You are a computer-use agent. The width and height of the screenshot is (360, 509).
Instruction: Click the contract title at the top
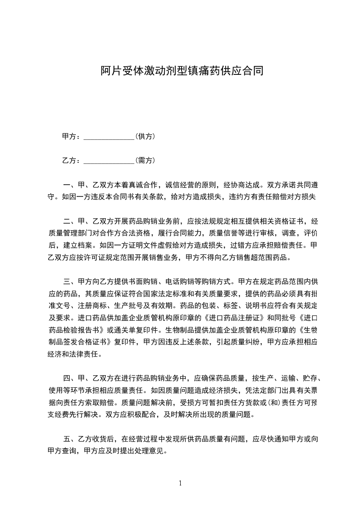[182, 71]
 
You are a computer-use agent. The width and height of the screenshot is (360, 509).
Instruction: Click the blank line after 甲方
[109, 137]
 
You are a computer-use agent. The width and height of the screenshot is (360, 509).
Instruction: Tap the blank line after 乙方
[109, 161]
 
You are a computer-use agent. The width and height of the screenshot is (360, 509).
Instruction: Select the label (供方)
[146, 136]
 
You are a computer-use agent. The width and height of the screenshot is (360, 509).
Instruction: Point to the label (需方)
[146, 160]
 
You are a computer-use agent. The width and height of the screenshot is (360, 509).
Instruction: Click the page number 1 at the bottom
[180, 483]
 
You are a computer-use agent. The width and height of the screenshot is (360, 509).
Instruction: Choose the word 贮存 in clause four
[310, 378]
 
